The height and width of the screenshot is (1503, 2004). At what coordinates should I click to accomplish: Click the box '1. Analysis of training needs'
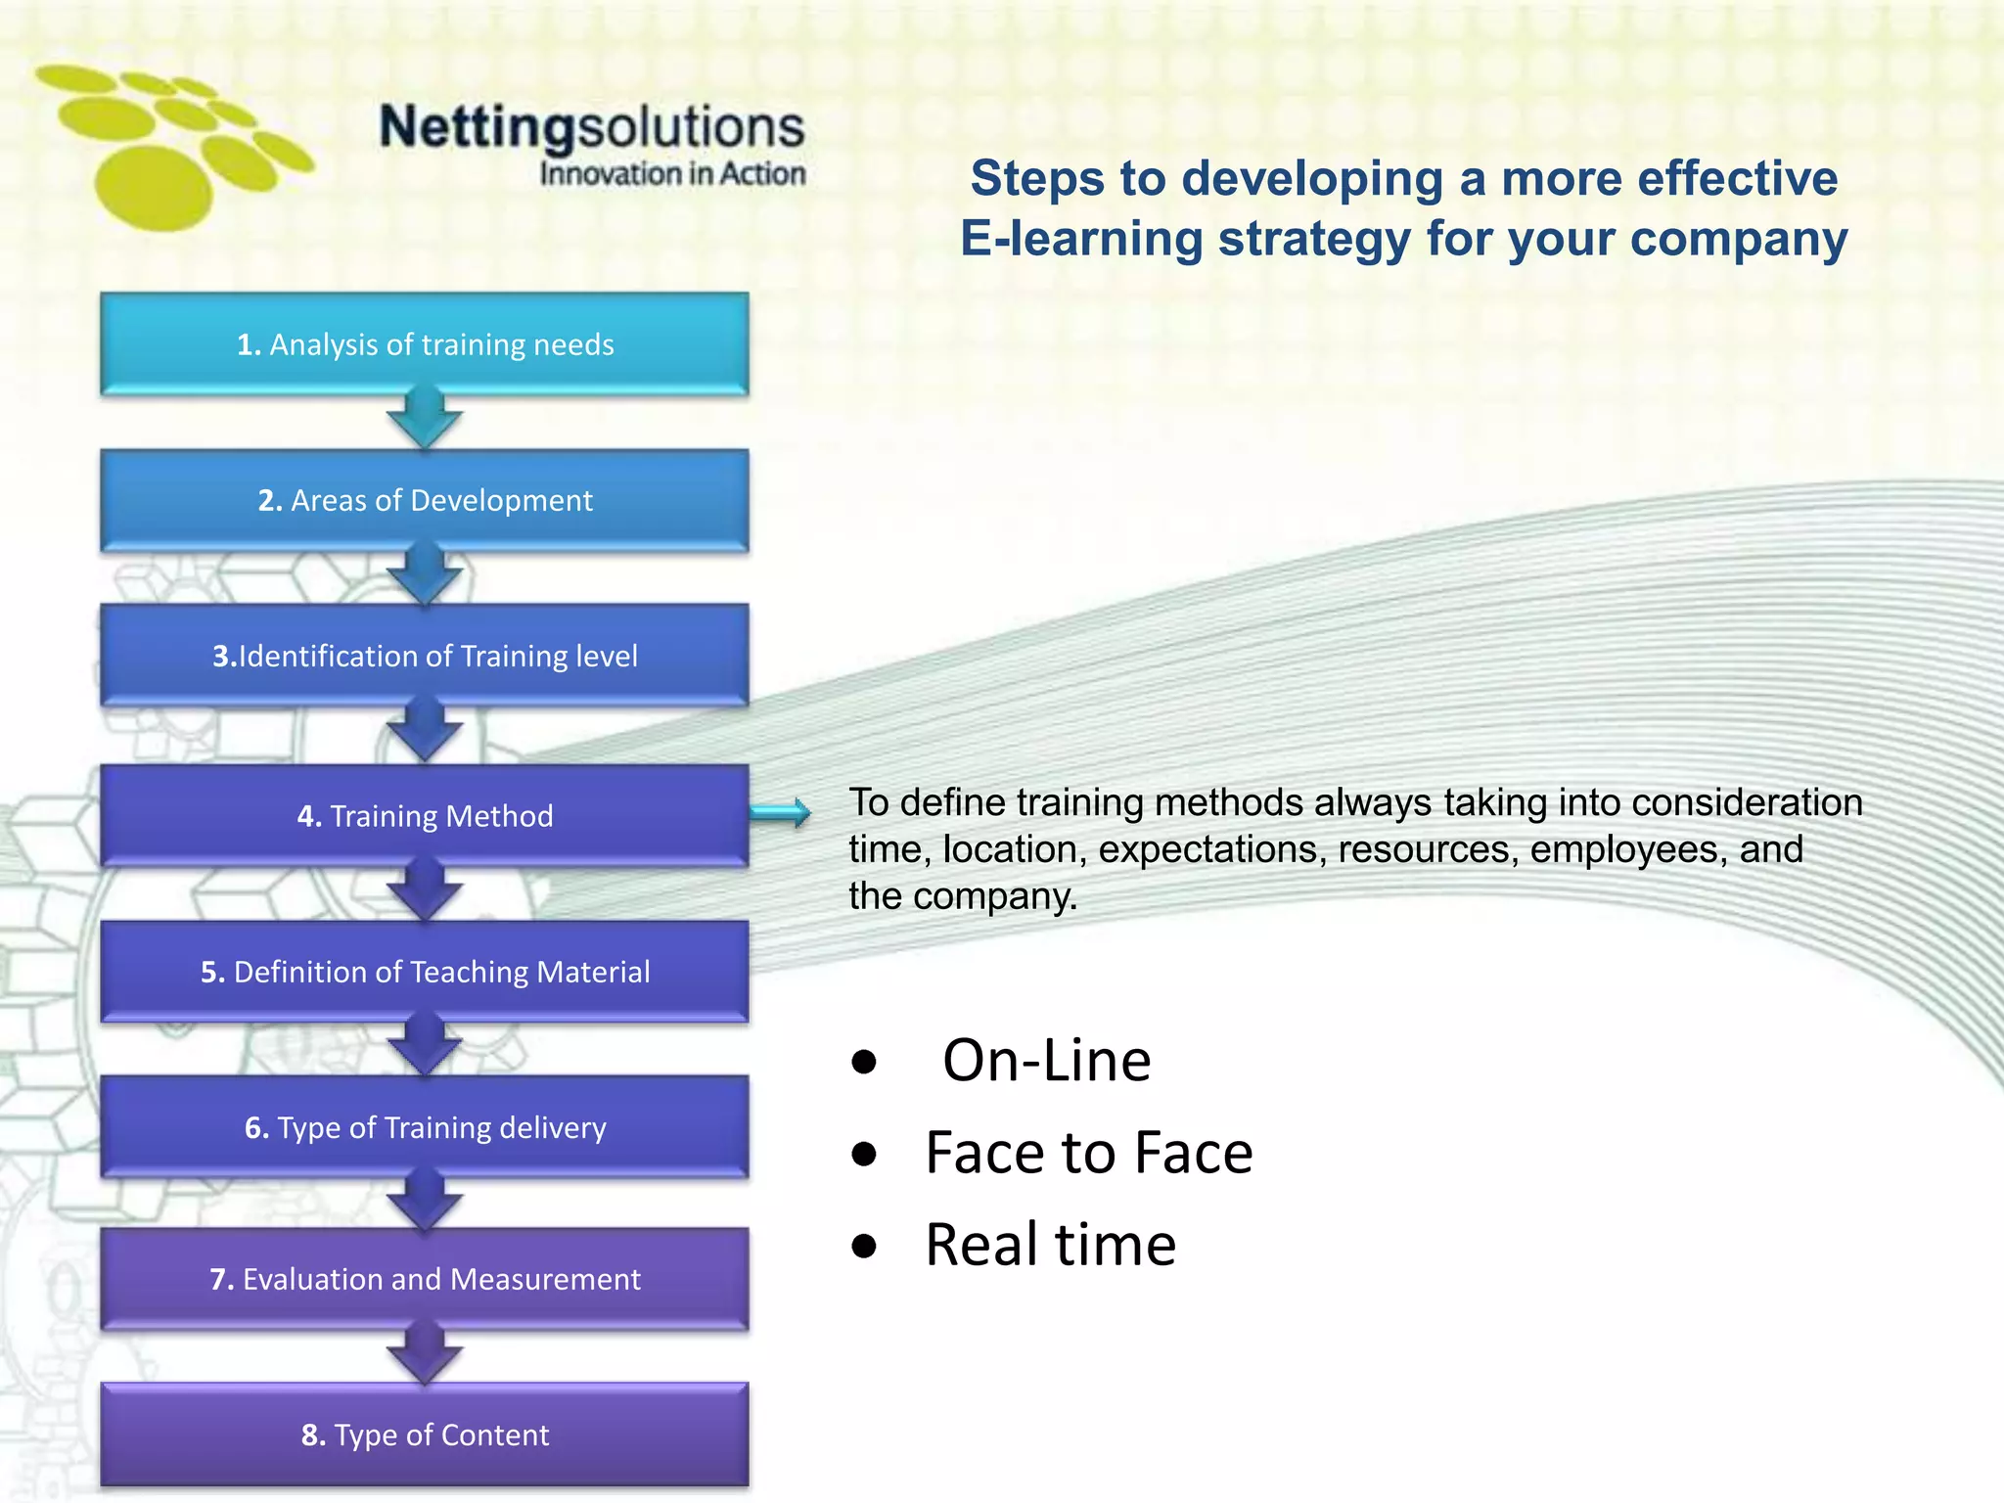click(425, 344)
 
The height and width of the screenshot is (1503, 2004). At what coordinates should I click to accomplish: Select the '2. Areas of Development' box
click(425, 500)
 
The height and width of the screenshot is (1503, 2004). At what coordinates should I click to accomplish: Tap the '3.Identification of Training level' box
click(425, 656)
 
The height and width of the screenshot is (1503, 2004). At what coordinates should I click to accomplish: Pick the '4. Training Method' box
click(425, 815)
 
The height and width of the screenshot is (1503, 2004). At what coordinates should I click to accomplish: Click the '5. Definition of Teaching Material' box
click(425, 972)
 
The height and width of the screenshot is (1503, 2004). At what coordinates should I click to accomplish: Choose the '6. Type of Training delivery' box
click(425, 1127)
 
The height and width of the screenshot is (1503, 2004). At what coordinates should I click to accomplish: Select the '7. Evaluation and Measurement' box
click(425, 1279)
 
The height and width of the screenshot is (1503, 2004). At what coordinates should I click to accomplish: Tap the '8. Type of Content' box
click(425, 1435)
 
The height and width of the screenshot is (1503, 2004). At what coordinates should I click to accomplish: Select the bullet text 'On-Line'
click(1046, 1061)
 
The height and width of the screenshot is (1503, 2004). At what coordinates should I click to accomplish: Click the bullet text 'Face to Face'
click(1088, 1153)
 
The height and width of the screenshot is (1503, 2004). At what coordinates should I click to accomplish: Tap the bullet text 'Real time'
click(1050, 1245)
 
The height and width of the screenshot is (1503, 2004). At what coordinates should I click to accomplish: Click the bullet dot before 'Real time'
click(864, 1247)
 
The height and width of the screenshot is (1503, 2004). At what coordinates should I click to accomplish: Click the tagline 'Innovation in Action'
click(672, 174)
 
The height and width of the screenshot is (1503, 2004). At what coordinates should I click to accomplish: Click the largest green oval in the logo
click(154, 189)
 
